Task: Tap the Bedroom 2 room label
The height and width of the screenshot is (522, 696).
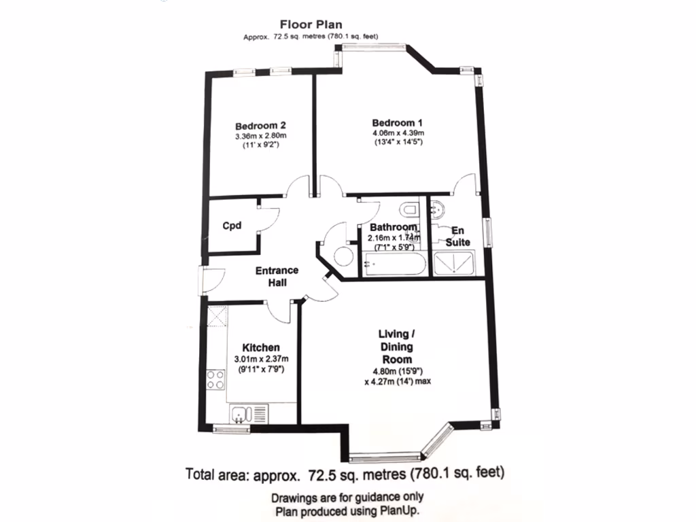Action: point(260,126)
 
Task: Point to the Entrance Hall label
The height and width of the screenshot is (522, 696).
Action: point(277,277)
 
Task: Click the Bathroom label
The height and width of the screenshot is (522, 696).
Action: point(393,227)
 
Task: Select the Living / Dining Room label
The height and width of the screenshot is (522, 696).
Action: point(397,347)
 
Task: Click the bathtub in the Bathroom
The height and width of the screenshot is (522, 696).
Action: point(394,263)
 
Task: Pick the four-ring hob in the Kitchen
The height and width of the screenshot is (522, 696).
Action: point(216,379)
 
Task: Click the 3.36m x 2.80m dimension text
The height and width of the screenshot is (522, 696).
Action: point(260,136)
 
